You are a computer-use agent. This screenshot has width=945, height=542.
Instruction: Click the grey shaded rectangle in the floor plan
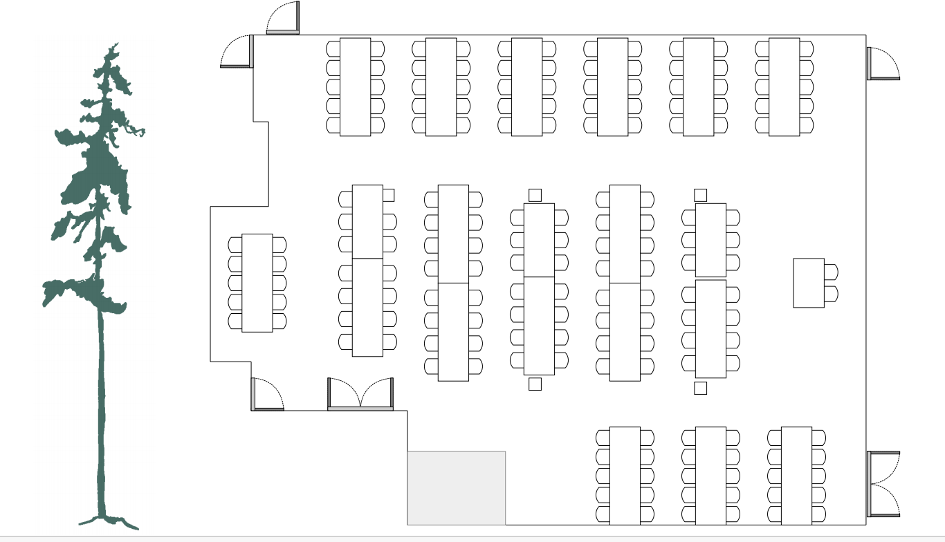coord(456,488)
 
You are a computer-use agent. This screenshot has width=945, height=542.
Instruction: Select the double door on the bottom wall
coord(360,395)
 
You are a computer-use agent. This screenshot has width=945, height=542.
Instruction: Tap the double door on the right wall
coord(883,484)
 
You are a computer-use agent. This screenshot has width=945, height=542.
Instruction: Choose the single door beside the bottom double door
coord(267,395)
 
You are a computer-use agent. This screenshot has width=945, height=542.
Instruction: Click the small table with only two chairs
coord(809,283)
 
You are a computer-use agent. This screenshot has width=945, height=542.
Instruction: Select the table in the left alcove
coord(257,283)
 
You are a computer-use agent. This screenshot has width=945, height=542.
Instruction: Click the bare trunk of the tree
coord(102,415)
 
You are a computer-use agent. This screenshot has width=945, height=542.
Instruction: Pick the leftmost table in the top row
coord(355,87)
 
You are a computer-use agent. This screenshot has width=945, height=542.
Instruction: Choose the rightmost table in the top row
coord(784,87)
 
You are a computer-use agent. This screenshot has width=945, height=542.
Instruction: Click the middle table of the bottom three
coord(710,476)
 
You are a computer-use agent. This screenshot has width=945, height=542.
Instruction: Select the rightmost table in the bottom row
coord(796,476)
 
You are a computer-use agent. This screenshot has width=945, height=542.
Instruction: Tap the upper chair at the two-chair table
coord(831,272)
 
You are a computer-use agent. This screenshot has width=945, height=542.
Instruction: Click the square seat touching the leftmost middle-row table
coord(388,195)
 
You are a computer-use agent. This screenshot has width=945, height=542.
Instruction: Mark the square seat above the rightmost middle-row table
coord(700,195)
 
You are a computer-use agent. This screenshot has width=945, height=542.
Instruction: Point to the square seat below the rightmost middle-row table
coord(700,388)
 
